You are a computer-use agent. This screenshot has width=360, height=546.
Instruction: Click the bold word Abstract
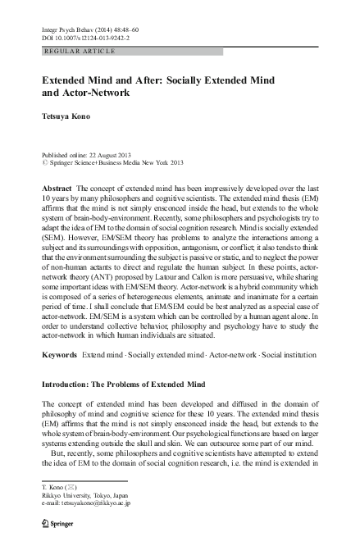coord(56,188)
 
